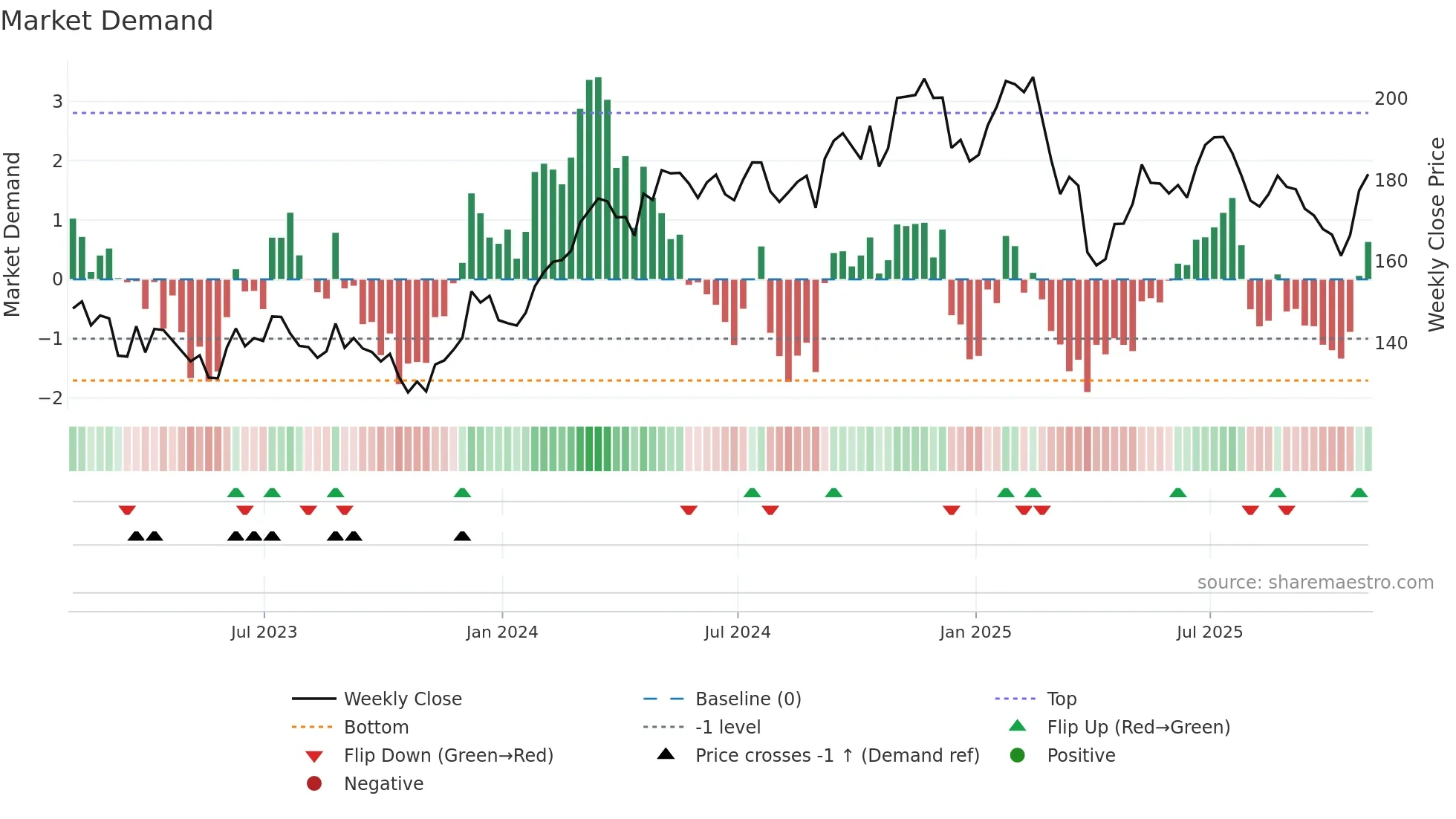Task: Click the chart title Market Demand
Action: coord(107,21)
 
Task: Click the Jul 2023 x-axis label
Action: coord(264,632)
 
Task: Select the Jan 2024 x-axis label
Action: coord(501,632)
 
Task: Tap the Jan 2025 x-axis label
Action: coord(975,632)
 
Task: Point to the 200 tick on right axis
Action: coord(1391,99)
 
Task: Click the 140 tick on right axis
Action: coord(1391,343)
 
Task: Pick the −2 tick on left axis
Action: coord(51,398)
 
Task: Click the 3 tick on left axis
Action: coord(57,102)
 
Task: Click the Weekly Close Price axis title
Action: coord(1437,234)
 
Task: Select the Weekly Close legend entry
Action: coord(402,699)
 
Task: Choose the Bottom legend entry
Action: coord(376,728)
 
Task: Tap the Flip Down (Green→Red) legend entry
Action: coord(448,756)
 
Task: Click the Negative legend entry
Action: coord(383,784)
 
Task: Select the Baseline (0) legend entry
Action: coord(747,699)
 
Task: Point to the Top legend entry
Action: coord(1061,699)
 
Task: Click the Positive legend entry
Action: coord(1080,756)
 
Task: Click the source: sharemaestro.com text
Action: coord(1315,583)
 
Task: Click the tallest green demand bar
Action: coord(598,178)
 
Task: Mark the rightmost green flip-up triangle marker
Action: coord(1359,493)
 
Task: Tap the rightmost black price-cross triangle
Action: coord(462,537)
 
